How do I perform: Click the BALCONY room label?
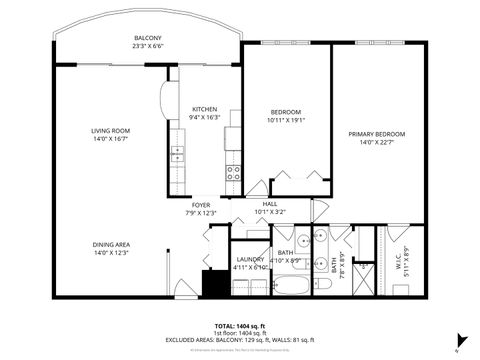click(148, 38)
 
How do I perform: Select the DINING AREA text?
click(110, 245)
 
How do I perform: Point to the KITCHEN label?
click(205, 109)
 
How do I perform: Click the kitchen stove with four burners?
click(232, 172)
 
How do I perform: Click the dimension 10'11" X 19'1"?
click(286, 120)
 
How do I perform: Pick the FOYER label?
click(201, 205)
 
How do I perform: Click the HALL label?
click(270, 204)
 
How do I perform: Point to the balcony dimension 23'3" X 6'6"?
click(148, 46)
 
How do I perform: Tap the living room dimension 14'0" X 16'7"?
click(110, 138)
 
